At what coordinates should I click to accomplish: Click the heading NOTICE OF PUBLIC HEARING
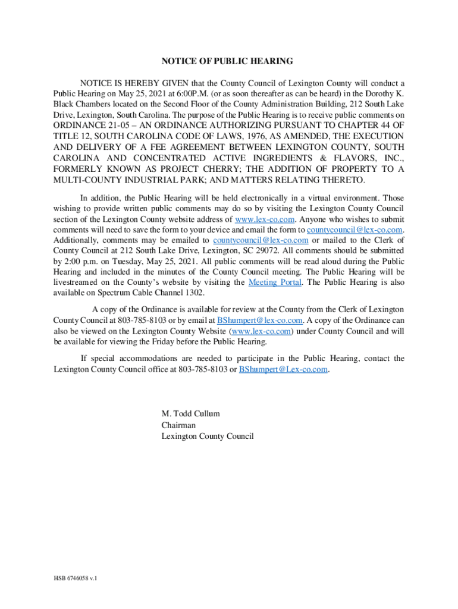[227, 61]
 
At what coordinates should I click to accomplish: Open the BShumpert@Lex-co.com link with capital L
[283, 369]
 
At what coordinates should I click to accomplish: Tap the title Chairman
[178, 425]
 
